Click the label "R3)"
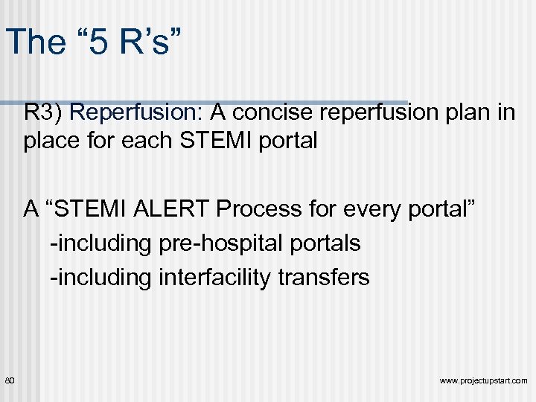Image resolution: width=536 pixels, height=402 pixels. [44, 113]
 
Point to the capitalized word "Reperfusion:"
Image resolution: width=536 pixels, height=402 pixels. [138, 113]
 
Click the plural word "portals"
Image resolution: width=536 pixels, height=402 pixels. [328, 243]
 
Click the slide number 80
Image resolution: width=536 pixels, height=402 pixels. [10, 380]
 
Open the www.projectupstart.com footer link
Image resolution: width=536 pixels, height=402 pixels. [483, 381]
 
